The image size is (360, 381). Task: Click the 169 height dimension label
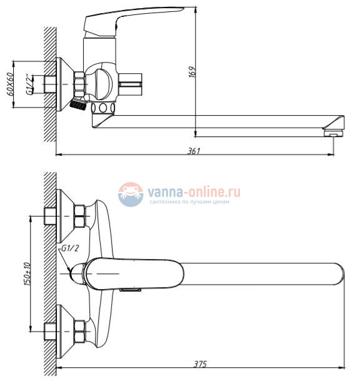(x=192, y=72)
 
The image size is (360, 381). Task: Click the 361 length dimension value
(x=194, y=151)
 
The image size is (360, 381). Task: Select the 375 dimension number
(x=200, y=363)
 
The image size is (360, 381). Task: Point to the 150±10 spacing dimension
(x=27, y=273)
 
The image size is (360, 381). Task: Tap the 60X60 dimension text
(x=10, y=84)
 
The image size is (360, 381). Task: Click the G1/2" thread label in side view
(x=29, y=84)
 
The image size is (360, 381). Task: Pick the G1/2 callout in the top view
(x=70, y=248)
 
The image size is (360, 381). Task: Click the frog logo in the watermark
(x=131, y=195)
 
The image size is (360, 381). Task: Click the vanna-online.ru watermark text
(x=194, y=191)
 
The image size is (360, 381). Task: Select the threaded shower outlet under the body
(x=78, y=104)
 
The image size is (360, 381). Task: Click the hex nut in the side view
(x=79, y=84)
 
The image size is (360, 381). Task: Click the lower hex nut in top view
(x=80, y=332)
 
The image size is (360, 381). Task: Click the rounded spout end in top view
(x=340, y=274)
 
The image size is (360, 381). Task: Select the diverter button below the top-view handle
(x=131, y=289)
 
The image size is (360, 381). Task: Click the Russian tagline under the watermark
(x=189, y=202)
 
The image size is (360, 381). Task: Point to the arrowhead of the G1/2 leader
(x=69, y=270)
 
